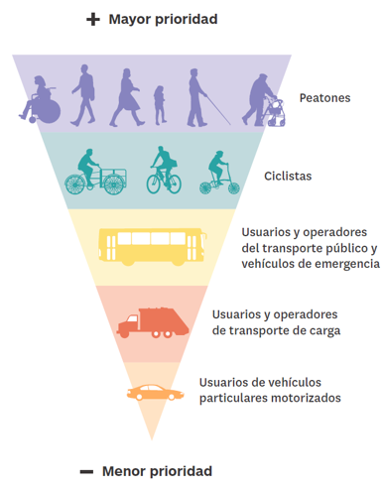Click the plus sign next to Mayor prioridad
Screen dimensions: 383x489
pyautogui.click(x=93, y=20)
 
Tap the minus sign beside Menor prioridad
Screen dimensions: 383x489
pyautogui.click(x=86, y=472)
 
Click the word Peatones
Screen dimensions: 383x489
pyautogui.click(x=324, y=98)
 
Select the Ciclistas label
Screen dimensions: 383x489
pyautogui.click(x=288, y=176)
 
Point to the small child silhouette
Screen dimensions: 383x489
pyautogui.click(x=160, y=105)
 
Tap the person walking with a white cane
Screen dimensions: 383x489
pyautogui.click(x=201, y=98)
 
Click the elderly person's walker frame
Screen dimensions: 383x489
pyautogui.click(x=277, y=113)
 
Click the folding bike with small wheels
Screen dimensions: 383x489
pyautogui.click(x=219, y=173)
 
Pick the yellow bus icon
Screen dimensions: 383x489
pyautogui.click(x=153, y=247)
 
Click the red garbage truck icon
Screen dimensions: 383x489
pyautogui.click(x=153, y=322)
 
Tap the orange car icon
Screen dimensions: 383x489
pyautogui.click(x=156, y=393)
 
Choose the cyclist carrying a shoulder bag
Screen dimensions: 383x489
pyautogui.click(x=164, y=171)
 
